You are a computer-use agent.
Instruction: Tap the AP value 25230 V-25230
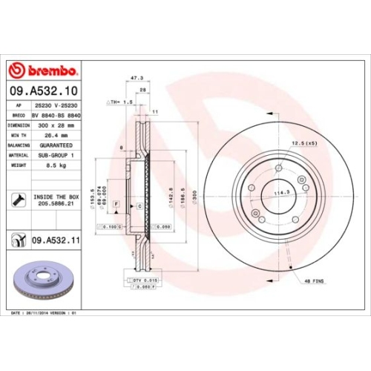point(59,106)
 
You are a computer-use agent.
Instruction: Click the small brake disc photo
point(42,283)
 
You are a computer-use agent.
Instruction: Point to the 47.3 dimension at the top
point(136,77)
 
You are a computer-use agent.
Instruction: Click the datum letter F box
point(117,192)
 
